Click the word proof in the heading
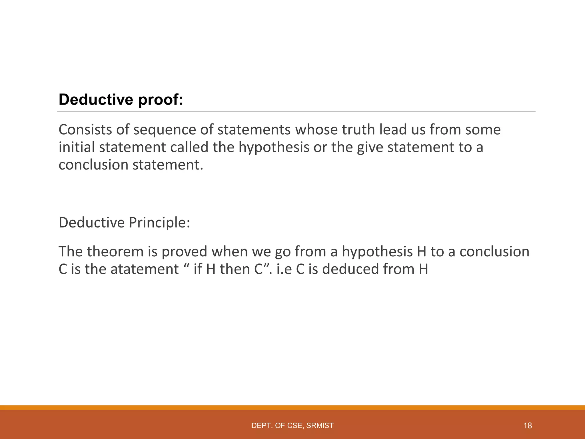click(x=161, y=100)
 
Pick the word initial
click(x=77, y=147)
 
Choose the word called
click(x=189, y=147)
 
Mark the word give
click(x=370, y=148)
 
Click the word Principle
click(x=159, y=223)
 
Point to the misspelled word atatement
click(x=145, y=269)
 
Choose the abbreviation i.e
click(x=284, y=269)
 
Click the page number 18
click(x=528, y=426)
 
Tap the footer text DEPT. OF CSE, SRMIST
click(x=292, y=426)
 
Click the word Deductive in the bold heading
click(x=96, y=100)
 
